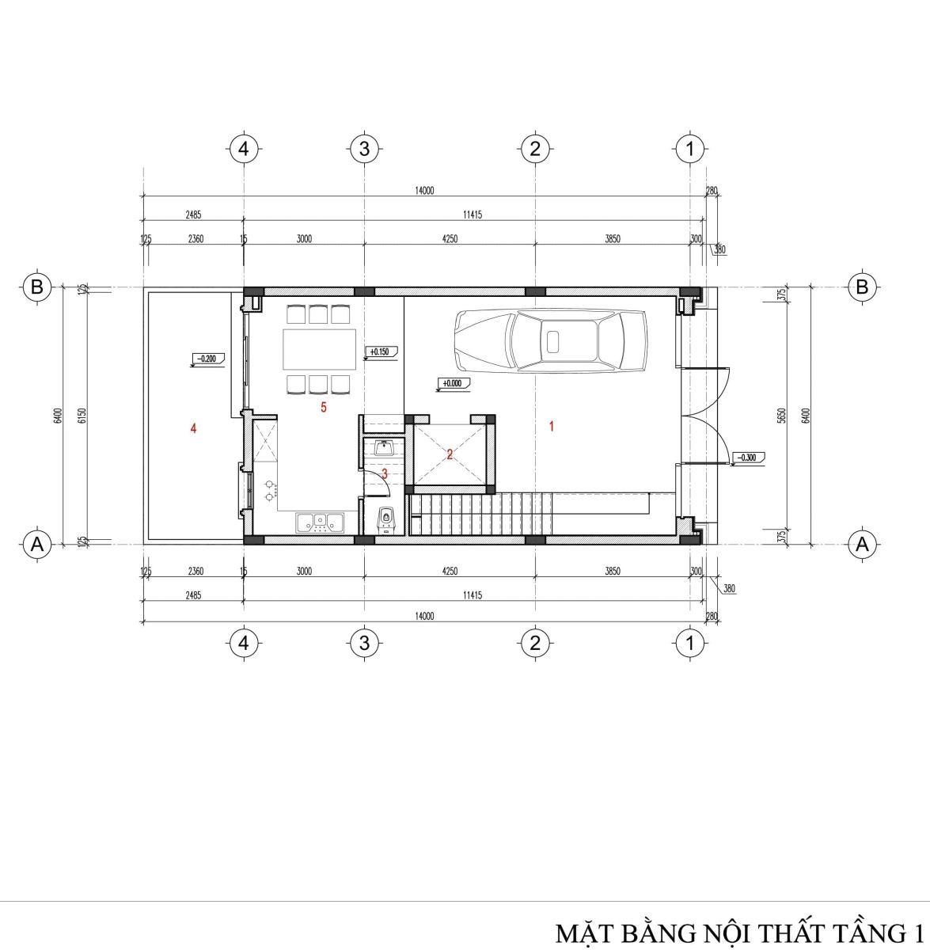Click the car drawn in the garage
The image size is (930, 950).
[550, 340]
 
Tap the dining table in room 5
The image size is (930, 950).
[319, 349]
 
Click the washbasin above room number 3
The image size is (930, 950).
[384, 447]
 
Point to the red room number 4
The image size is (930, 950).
[193, 428]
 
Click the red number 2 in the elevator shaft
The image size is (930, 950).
[450, 454]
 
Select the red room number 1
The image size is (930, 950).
[552, 426]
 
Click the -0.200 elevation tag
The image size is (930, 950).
[207, 359]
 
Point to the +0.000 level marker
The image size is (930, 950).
[454, 384]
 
